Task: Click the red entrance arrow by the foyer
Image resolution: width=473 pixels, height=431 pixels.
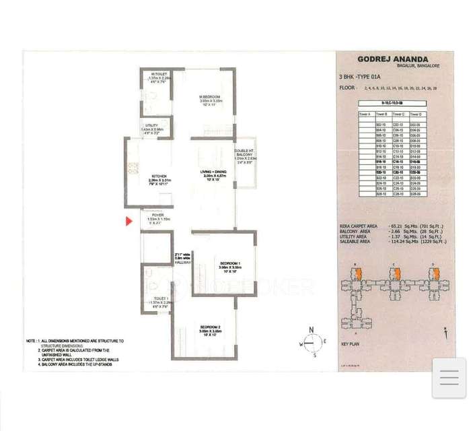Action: pos(129,221)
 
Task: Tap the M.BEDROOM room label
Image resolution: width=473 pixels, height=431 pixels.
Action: pos(209,97)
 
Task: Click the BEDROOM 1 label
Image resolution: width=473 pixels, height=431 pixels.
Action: pos(229,262)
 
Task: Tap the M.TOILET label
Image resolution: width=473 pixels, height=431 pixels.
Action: pos(159,74)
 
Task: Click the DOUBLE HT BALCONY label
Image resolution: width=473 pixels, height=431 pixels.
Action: pos(244,151)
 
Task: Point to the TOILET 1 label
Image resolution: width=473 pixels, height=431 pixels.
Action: pos(160,298)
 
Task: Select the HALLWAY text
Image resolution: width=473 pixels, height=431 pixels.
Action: pos(182,262)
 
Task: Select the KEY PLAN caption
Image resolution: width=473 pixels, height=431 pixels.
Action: pos(351,343)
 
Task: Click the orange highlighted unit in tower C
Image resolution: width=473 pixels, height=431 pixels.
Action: pos(397,273)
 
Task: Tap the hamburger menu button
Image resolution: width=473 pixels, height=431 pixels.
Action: pos(449,378)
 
